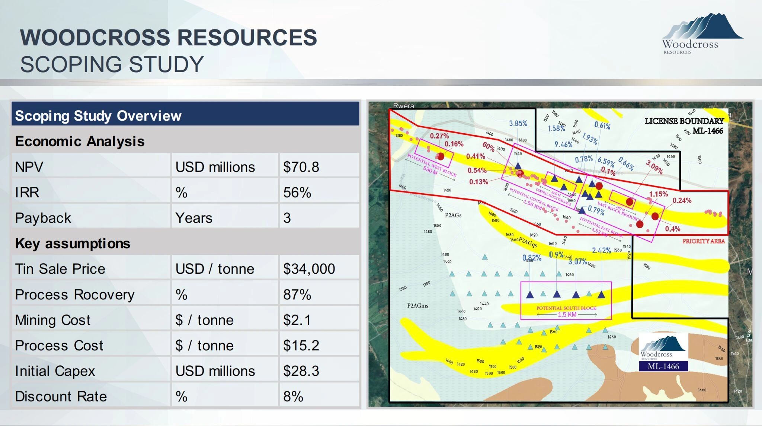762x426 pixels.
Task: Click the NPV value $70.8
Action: coord(301,167)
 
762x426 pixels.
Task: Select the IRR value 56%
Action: coord(297,193)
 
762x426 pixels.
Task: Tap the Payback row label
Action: coord(43,218)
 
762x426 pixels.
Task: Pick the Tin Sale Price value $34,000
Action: coord(309,269)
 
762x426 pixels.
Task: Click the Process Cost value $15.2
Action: coord(301,346)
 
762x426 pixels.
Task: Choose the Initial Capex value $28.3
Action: coord(301,371)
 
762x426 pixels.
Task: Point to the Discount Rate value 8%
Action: coord(293,397)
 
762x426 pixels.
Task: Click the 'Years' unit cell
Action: coord(193,218)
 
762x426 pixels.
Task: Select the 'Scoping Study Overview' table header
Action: coord(98,116)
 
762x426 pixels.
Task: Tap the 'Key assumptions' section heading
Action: coord(73,244)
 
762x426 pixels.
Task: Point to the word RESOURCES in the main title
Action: coord(247,38)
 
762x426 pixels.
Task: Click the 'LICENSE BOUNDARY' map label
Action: coord(684,121)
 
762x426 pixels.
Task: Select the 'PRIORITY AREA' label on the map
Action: coord(703,241)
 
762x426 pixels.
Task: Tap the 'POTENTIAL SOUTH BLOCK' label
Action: coord(566,308)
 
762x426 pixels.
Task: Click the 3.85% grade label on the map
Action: coord(518,123)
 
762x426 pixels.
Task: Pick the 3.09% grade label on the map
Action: coord(654,167)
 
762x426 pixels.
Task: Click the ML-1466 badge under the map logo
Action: coord(663,366)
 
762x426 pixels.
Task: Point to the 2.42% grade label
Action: coord(601,251)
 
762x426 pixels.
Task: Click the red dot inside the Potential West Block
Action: coord(441,156)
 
